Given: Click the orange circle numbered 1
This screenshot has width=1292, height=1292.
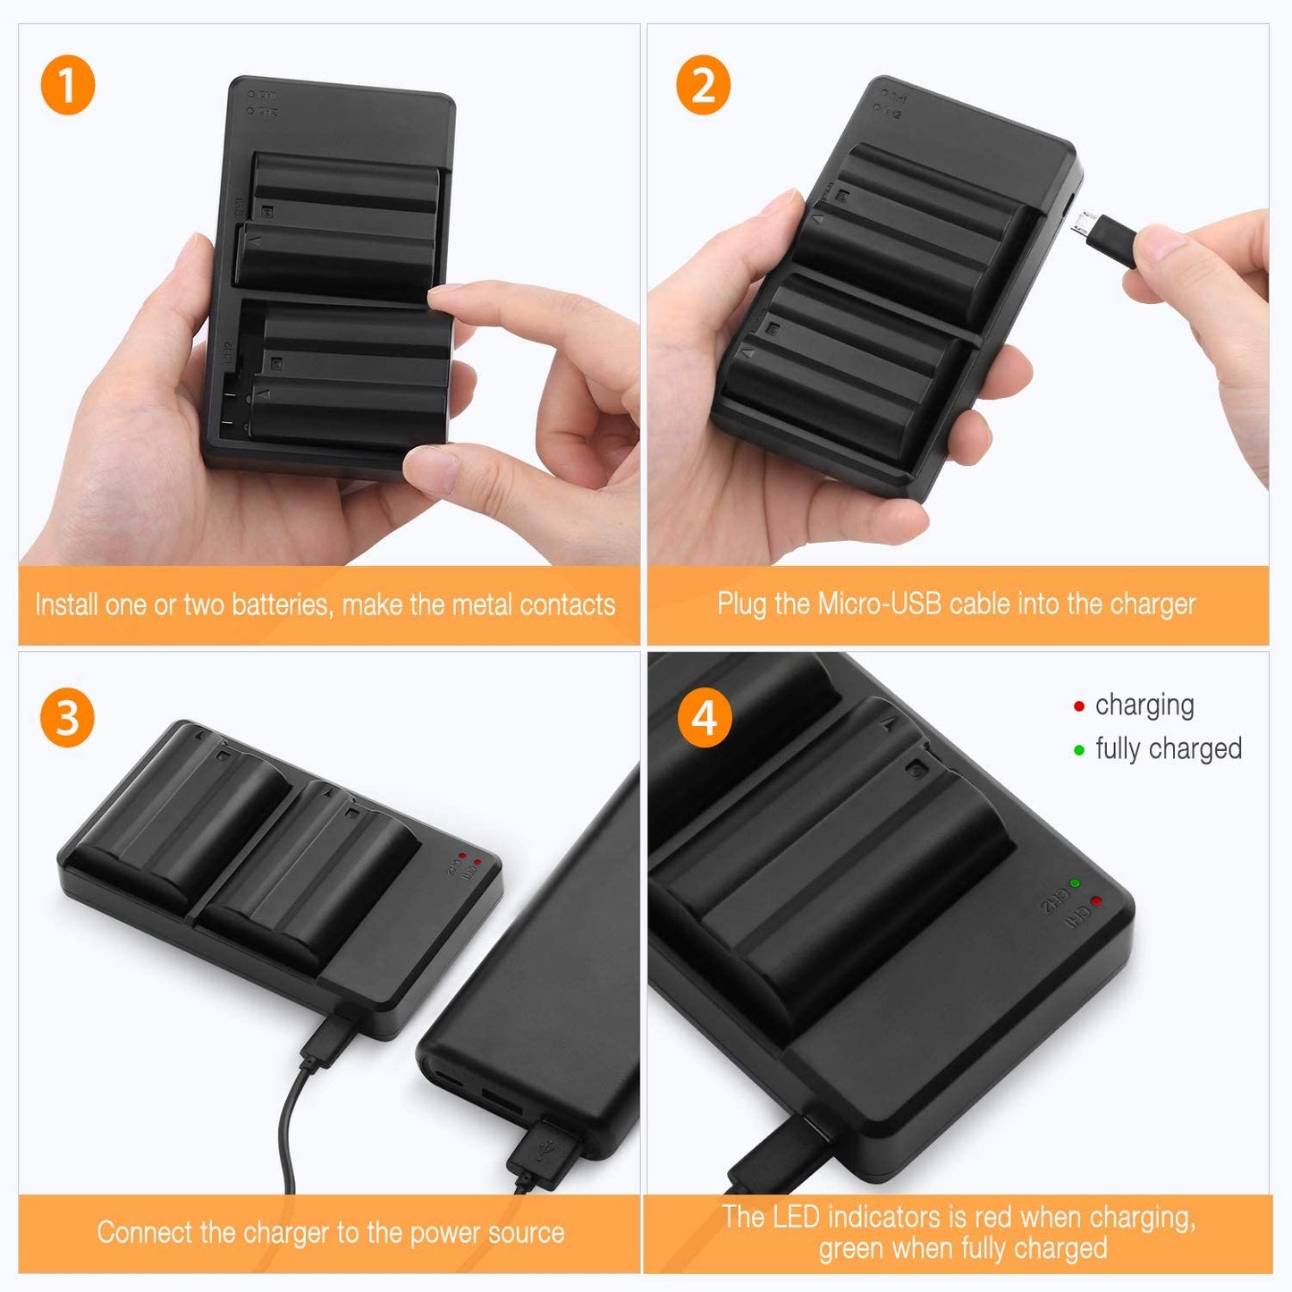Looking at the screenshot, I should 68,87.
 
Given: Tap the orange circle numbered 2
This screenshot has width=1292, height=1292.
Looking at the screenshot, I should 703,87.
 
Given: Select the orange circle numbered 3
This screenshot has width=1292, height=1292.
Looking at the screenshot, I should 68,718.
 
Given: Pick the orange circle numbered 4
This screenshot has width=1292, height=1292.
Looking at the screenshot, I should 705,718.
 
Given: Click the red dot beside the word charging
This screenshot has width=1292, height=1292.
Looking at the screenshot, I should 1078,706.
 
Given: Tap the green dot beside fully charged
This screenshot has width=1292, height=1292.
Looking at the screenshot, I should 1078,750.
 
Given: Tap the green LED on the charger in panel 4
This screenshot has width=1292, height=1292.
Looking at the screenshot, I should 1075,882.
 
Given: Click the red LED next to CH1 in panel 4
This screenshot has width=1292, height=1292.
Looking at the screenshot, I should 1096,900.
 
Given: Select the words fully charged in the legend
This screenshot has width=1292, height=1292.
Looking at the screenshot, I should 1169,749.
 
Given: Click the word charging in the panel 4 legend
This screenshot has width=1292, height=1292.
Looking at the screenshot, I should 1144,705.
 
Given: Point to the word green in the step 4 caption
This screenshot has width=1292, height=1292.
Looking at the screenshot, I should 854,1249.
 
